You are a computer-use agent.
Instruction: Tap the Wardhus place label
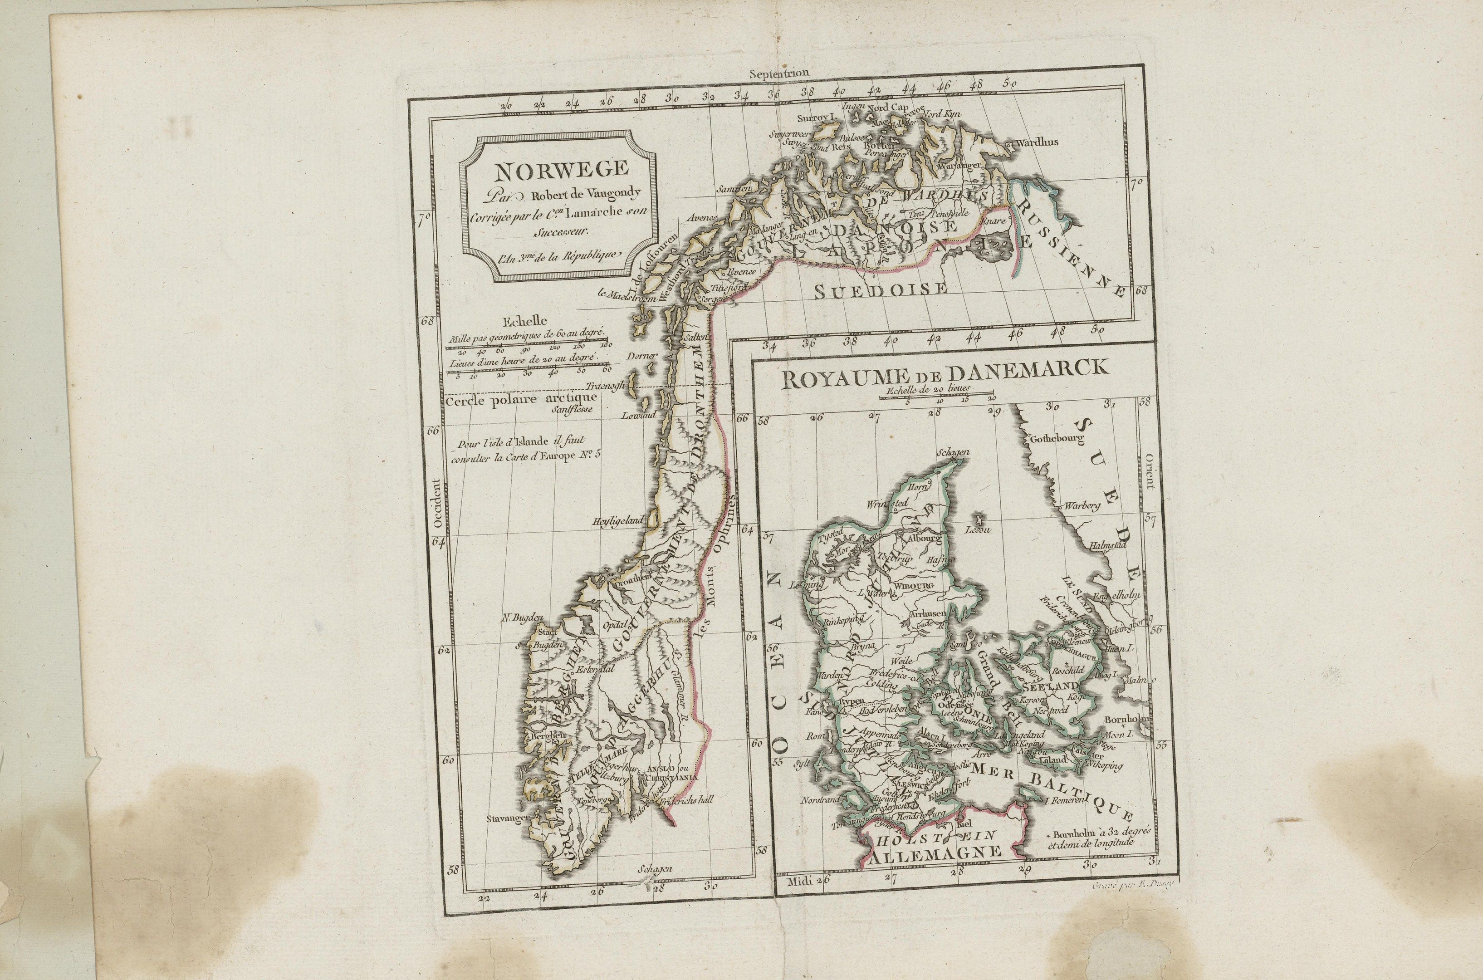point(1038,142)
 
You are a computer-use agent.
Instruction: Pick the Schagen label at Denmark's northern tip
point(954,452)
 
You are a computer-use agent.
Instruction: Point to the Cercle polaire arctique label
point(521,399)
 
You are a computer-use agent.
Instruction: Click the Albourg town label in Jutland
point(923,538)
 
